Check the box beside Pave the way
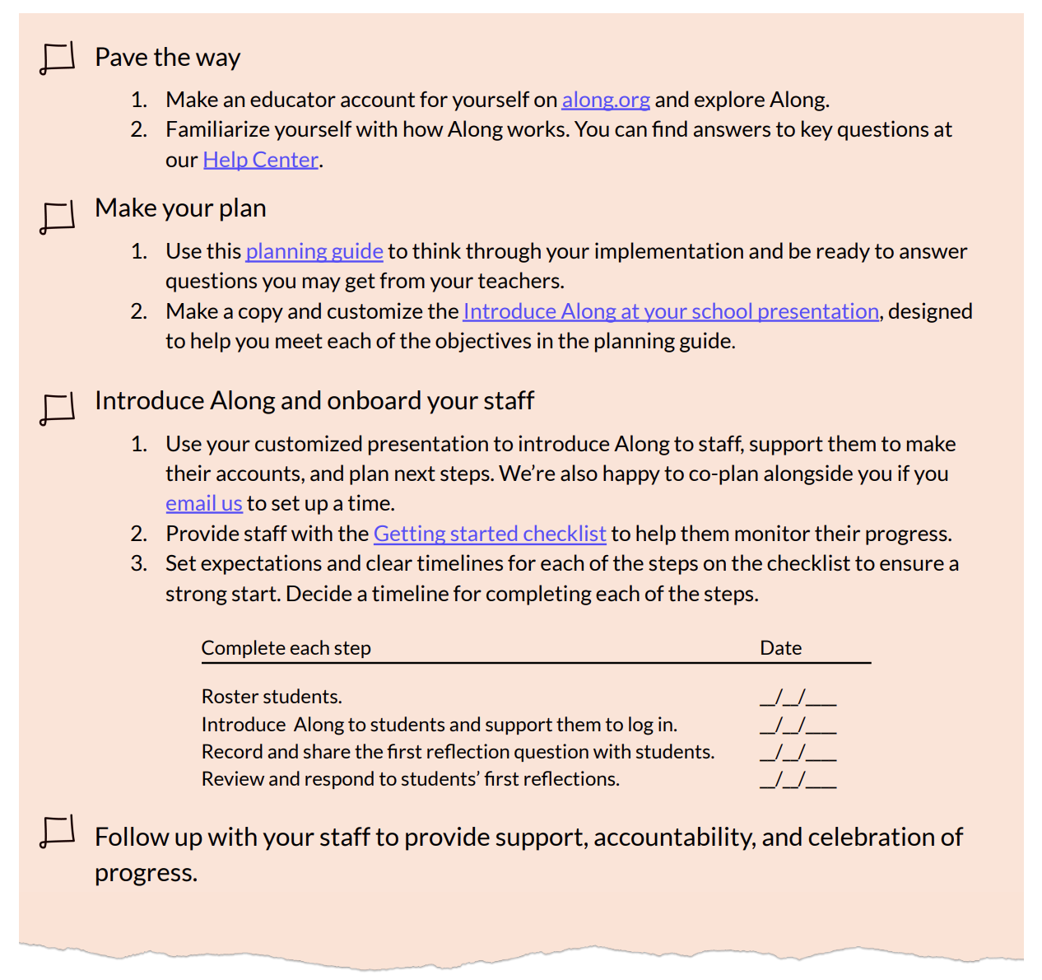(58, 58)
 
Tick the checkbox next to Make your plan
(58, 217)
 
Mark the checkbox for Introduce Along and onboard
(58, 408)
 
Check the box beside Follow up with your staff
(58, 832)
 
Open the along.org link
(606, 100)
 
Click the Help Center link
(260, 160)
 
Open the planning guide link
(314, 251)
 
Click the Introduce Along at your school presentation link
(671, 311)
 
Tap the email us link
(204, 503)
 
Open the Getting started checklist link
(490, 534)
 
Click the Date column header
(780, 648)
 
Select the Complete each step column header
(286, 648)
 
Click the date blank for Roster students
(798, 698)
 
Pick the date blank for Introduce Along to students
(798, 726)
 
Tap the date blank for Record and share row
(798, 753)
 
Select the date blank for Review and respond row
(798, 780)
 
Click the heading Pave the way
(168, 58)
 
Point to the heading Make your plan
(180, 208)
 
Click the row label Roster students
(272, 697)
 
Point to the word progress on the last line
(145, 873)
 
